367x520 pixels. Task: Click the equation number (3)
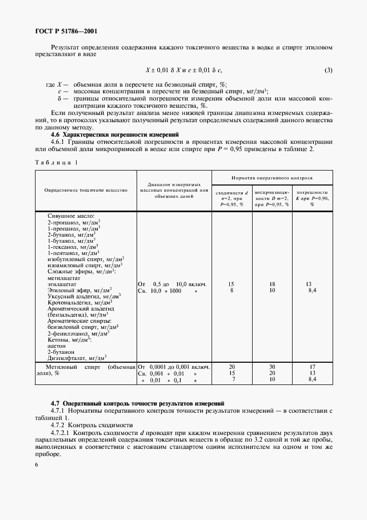point(329,70)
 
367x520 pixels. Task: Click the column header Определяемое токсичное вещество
point(86,190)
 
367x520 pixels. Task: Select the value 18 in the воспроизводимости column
point(272,284)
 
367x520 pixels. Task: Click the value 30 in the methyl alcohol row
point(272,367)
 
